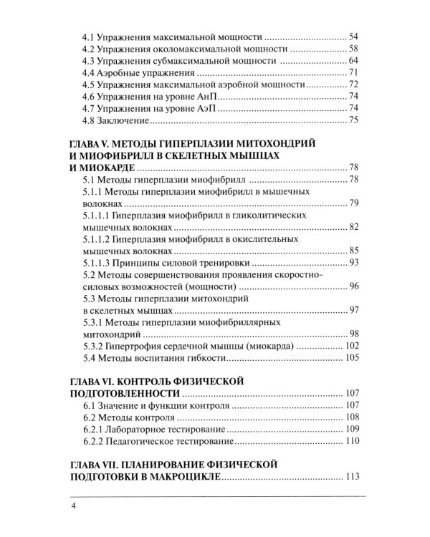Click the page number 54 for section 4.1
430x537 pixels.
353,36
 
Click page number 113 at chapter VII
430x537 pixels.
354,477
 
